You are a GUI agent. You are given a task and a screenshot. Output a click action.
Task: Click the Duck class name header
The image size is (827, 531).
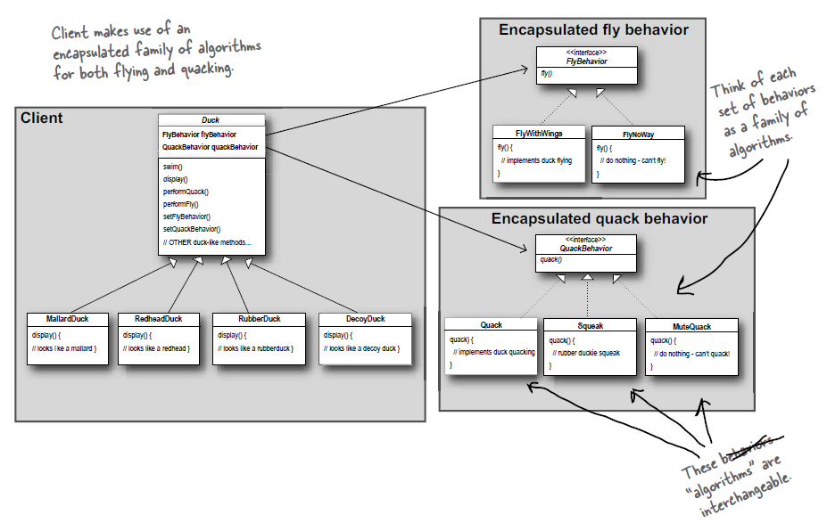coord(211,120)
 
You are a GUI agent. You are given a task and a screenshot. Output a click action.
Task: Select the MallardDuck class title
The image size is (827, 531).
coord(67,319)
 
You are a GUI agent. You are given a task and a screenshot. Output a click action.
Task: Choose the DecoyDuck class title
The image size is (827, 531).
coord(365,319)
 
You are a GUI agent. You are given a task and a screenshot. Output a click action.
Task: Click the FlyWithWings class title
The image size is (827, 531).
coord(538,133)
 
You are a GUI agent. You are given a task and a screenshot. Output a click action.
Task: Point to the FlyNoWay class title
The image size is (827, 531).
coord(639,133)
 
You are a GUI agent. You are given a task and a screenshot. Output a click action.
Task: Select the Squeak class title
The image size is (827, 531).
coord(590,325)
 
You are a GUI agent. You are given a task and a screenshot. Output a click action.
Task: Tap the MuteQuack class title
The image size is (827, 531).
coord(691,326)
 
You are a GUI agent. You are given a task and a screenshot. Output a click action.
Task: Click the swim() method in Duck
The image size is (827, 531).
coord(173,167)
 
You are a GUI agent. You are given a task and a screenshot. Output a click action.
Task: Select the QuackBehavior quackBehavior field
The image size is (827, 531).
coord(210,147)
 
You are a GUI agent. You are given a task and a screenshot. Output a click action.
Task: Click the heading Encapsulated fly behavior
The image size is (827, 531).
coord(593,30)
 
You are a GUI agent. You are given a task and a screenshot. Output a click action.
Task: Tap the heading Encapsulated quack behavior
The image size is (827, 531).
coord(599,219)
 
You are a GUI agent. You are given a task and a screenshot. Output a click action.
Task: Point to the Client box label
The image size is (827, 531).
coord(42,118)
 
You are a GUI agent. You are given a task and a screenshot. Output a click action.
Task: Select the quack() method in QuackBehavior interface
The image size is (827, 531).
coord(550,259)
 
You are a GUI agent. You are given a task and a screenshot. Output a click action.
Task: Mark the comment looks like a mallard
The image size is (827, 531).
coord(63,347)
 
